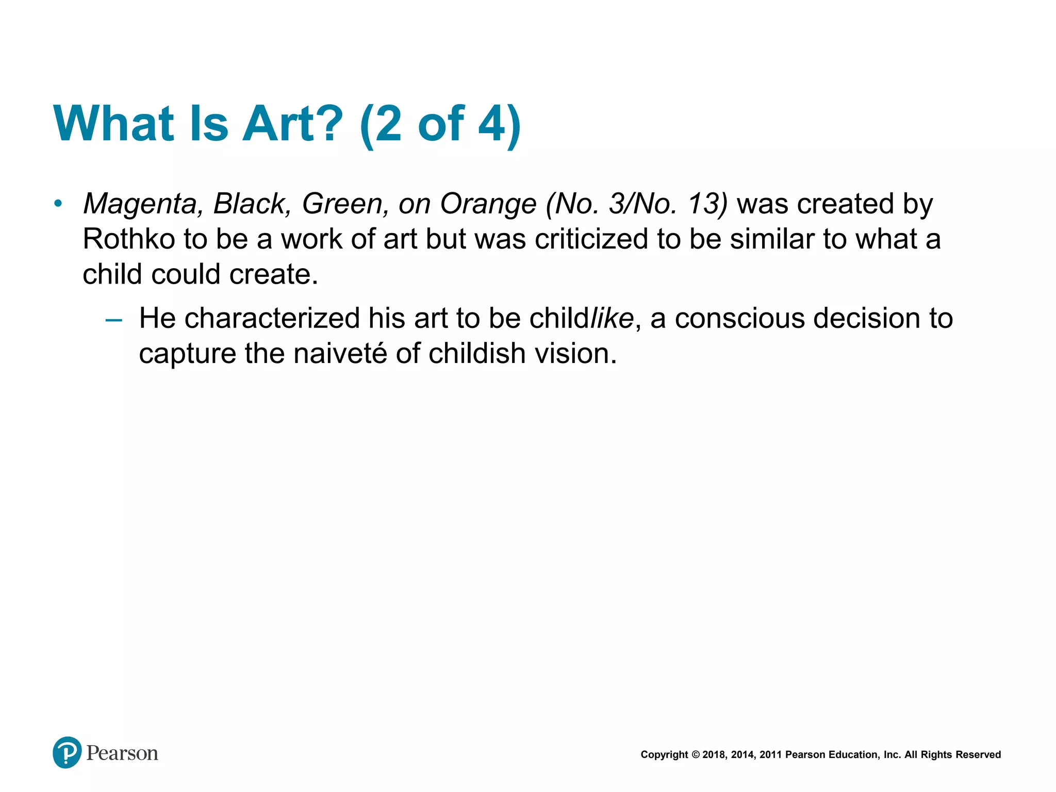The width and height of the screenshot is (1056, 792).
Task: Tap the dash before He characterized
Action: coord(113,320)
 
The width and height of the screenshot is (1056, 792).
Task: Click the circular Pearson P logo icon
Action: coord(67,752)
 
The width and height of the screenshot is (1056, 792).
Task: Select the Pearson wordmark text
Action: coord(122,753)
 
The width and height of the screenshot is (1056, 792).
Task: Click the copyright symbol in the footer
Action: coord(695,755)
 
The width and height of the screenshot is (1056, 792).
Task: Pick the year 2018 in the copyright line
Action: coord(714,755)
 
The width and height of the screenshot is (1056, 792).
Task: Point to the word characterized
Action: coord(272,318)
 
